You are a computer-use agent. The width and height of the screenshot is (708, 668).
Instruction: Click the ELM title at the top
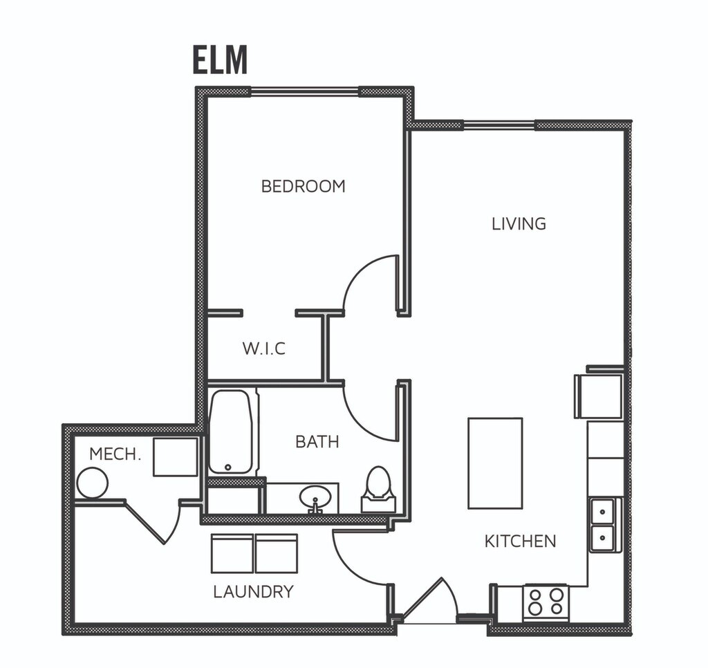click(x=221, y=59)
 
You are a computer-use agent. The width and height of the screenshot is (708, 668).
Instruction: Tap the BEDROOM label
click(x=303, y=186)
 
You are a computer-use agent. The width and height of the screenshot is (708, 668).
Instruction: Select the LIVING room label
click(x=519, y=223)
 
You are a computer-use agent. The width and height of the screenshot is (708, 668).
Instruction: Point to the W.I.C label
click(x=263, y=349)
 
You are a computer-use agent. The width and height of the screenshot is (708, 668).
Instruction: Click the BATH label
click(x=317, y=442)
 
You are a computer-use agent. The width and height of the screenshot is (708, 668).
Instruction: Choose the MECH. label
click(x=115, y=454)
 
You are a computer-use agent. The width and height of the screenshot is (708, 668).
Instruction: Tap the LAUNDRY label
click(x=253, y=592)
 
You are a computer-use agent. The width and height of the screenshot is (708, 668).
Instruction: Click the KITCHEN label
click(x=520, y=541)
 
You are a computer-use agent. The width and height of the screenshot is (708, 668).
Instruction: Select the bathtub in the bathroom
click(x=230, y=432)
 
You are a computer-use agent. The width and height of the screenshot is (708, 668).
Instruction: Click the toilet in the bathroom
click(x=378, y=490)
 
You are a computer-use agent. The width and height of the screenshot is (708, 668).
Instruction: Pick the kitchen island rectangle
click(x=495, y=463)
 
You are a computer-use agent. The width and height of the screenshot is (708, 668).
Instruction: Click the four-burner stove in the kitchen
click(x=546, y=602)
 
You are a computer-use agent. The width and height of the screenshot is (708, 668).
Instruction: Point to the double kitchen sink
click(x=602, y=525)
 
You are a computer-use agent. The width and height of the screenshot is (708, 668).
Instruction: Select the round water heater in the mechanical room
click(x=93, y=483)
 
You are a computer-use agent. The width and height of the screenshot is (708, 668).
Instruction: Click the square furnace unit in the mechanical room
click(x=175, y=456)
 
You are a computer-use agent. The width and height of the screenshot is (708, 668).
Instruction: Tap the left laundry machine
click(x=232, y=554)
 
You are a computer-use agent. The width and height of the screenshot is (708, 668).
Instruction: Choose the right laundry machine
click(x=277, y=554)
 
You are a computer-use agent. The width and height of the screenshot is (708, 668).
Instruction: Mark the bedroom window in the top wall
click(x=305, y=92)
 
